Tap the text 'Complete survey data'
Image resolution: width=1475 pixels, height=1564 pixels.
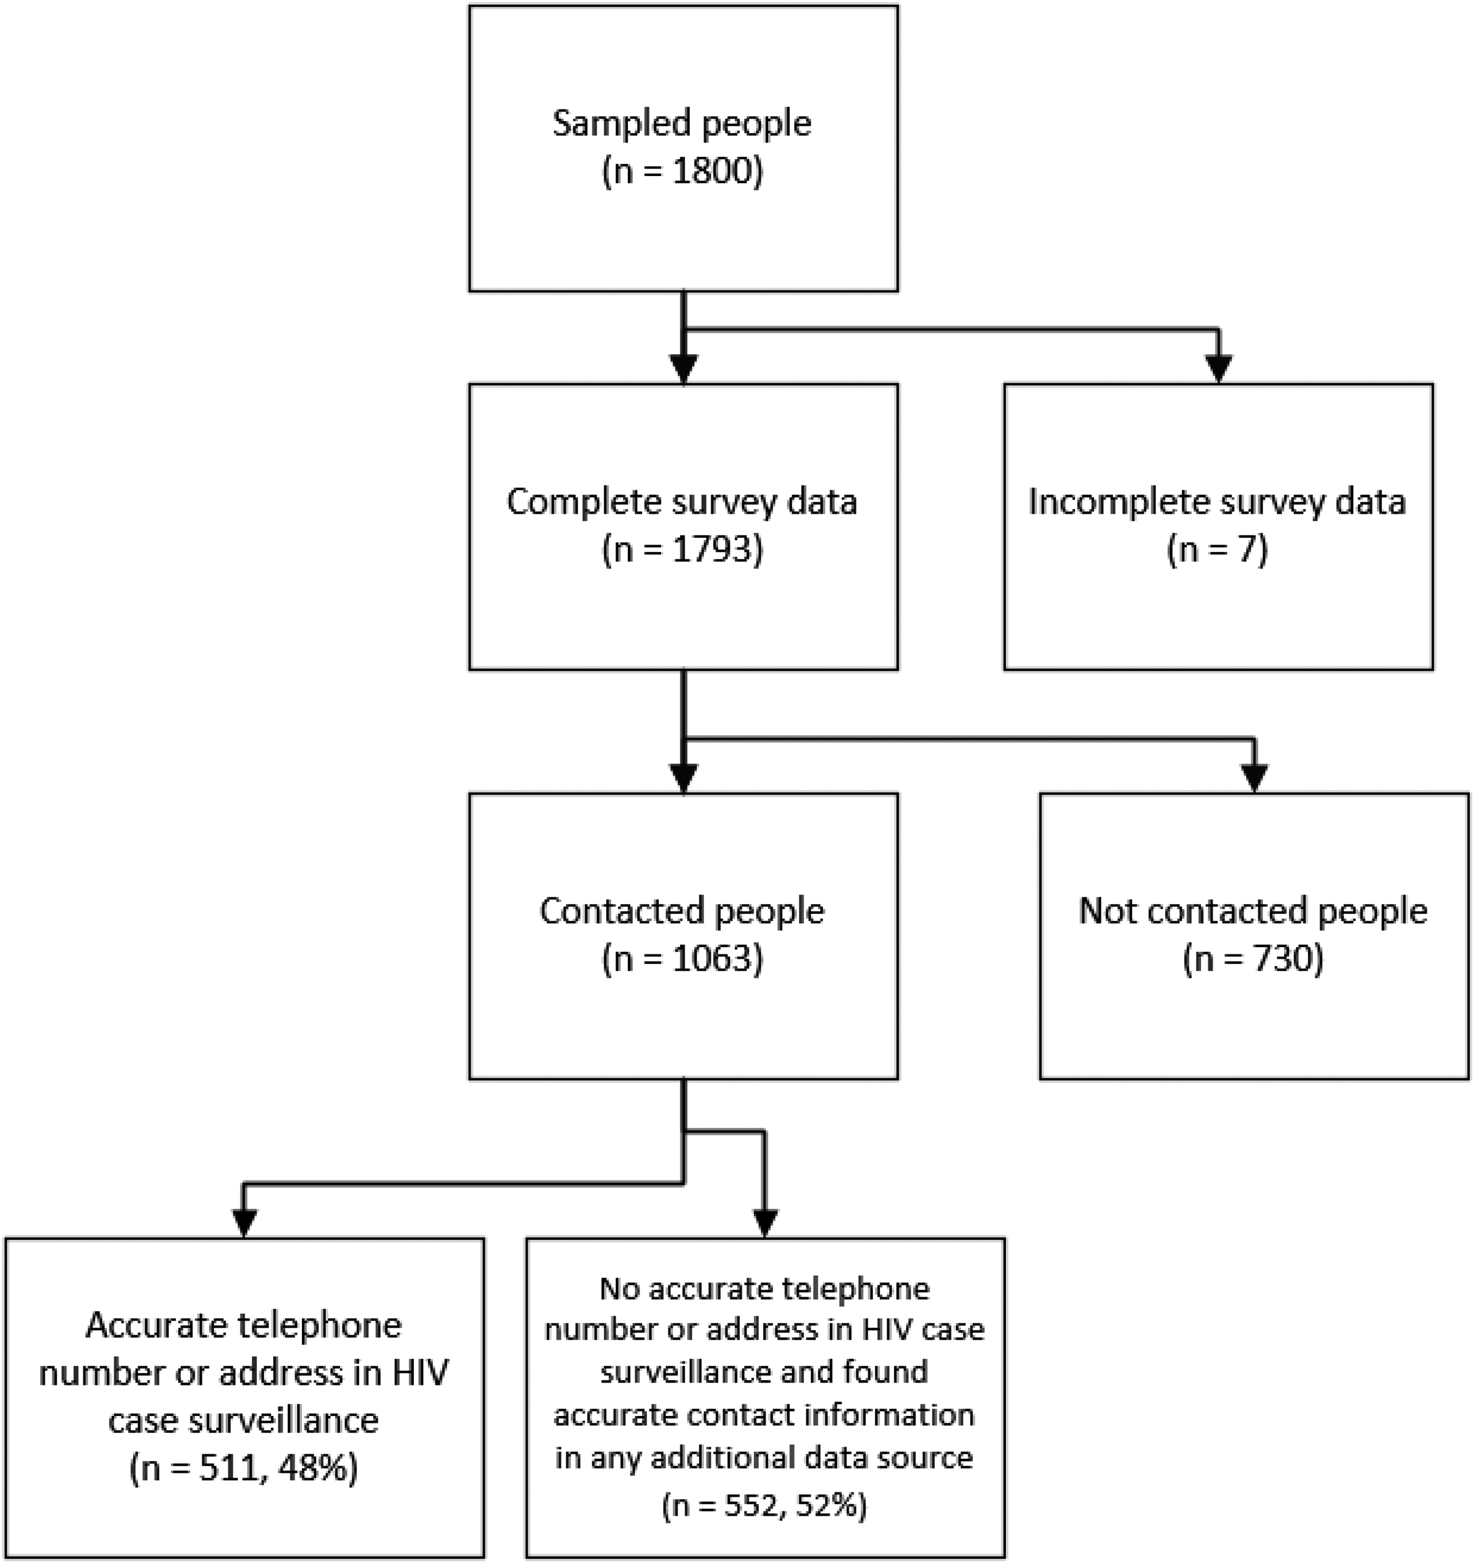682,502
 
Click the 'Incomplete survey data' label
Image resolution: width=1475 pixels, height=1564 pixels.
1217,502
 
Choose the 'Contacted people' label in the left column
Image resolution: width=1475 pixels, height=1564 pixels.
682,911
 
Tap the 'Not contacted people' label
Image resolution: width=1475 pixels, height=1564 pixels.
1253,911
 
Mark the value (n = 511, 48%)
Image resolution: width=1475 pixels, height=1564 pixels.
244,1468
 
